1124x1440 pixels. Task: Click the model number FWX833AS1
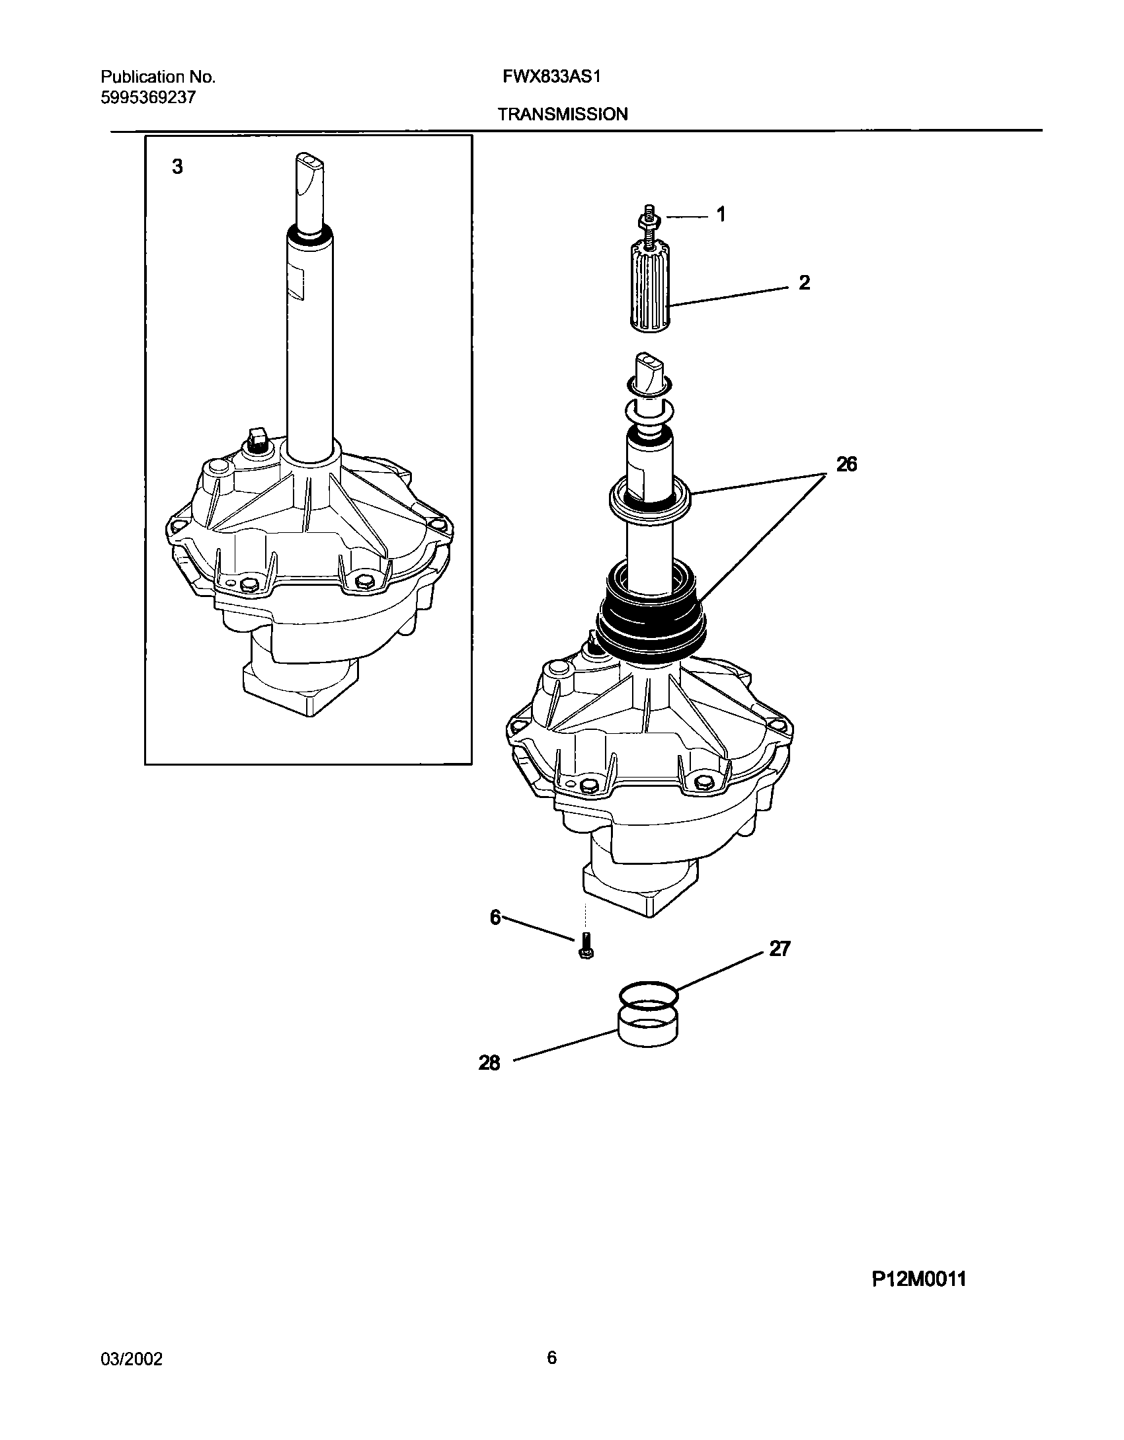pyautogui.click(x=551, y=77)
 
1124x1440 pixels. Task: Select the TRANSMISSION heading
pyautogui.click(x=562, y=114)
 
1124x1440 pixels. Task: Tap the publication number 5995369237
pyautogui.click(x=148, y=97)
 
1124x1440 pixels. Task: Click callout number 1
pyautogui.click(x=721, y=214)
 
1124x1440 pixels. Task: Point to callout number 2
pyautogui.click(x=804, y=283)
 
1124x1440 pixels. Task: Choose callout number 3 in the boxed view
pyautogui.click(x=177, y=167)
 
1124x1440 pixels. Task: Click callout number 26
pyautogui.click(x=846, y=465)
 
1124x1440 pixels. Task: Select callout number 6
pyautogui.click(x=496, y=918)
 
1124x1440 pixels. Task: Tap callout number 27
pyautogui.click(x=780, y=949)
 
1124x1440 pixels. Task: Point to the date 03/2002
pyautogui.click(x=131, y=1359)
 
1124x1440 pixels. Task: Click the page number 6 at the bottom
pyautogui.click(x=551, y=1358)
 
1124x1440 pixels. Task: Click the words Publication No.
pyautogui.click(x=158, y=77)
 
